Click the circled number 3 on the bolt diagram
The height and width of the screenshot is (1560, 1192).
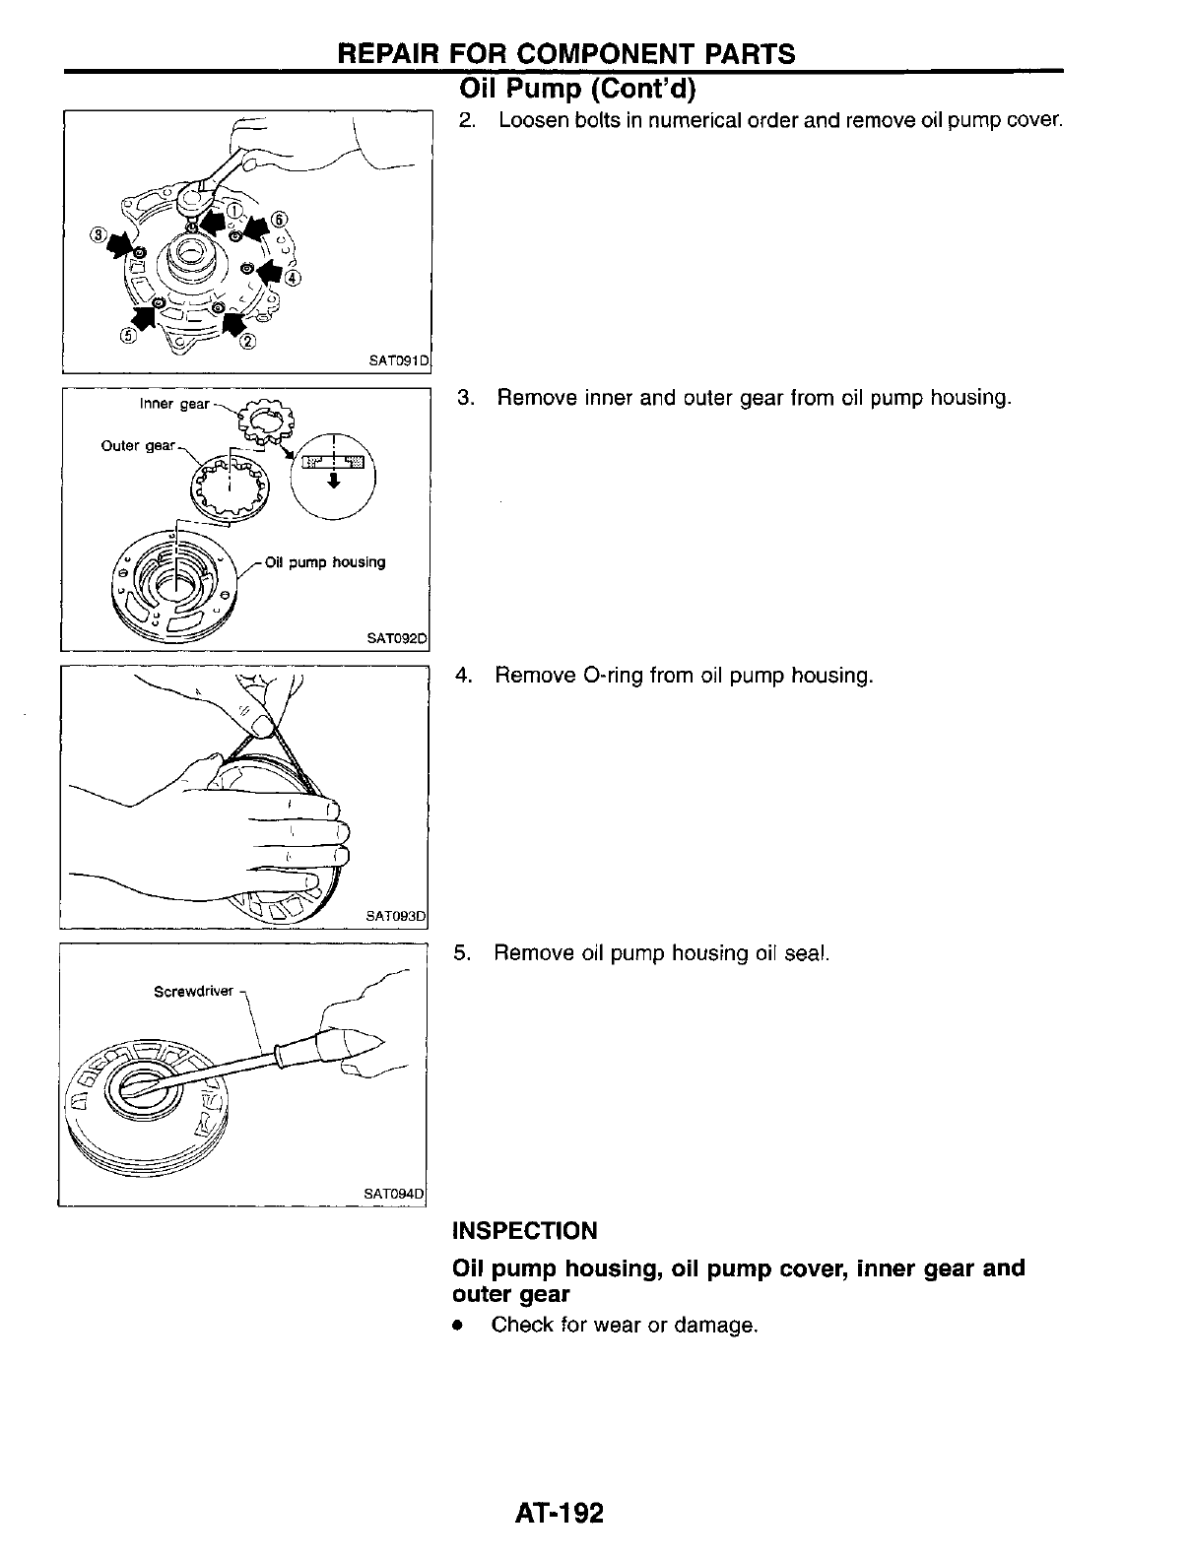(x=98, y=235)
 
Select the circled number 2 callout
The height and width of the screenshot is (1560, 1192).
(x=247, y=342)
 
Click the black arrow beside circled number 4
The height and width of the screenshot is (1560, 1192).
(x=268, y=268)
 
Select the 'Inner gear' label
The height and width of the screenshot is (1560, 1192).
(x=174, y=404)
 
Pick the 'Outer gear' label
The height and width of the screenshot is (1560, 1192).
(x=137, y=446)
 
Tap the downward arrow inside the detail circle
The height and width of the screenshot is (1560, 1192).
(x=335, y=481)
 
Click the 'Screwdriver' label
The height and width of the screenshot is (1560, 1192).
(x=193, y=991)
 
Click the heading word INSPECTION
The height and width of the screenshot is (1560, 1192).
(x=524, y=1231)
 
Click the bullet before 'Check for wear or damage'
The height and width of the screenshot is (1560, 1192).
(x=456, y=1327)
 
